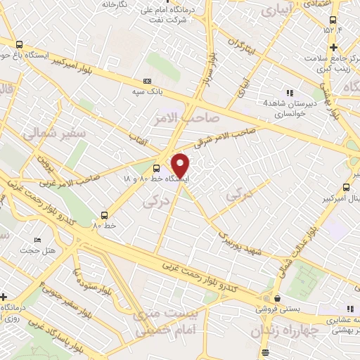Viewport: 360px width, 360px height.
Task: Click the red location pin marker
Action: [181, 165]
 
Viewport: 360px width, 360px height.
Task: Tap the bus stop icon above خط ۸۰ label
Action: [105, 215]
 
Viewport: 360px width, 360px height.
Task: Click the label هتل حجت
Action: [33, 250]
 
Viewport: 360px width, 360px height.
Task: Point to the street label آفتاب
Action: [136, 139]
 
